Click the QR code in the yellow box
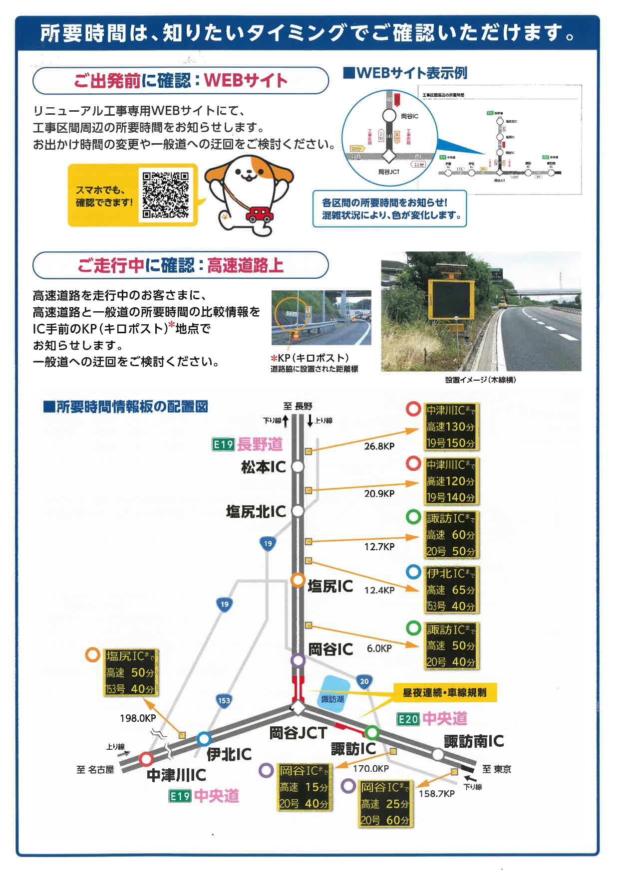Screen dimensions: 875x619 click(x=166, y=195)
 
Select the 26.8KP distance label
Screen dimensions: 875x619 click(x=379, y=446)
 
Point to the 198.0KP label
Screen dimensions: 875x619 click(x=138, y=718)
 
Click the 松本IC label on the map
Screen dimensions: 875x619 click(x=264, y=467)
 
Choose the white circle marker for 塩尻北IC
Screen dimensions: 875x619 click(x=298, y=511)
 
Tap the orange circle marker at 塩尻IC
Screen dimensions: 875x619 click(x=298, y=580)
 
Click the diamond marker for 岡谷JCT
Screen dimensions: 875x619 click(x=298, y=708)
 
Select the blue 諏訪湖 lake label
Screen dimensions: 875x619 click(x=332, y=699)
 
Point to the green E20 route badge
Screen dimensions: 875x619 click(x=408, y=719)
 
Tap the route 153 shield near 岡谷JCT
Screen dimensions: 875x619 click(x=224, y=700)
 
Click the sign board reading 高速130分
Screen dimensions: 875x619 click(x=451, y=427)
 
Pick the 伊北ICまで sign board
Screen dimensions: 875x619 click(x=451, y=590)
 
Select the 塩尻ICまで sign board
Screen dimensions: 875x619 click(x=130, y=672)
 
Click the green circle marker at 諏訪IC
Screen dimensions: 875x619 click(x=372, y=732)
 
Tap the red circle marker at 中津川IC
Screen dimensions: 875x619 click(x=146, y=759)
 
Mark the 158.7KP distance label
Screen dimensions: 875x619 click(x=436, y=793)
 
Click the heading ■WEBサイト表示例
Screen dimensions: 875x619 click(x=405, y=73)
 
